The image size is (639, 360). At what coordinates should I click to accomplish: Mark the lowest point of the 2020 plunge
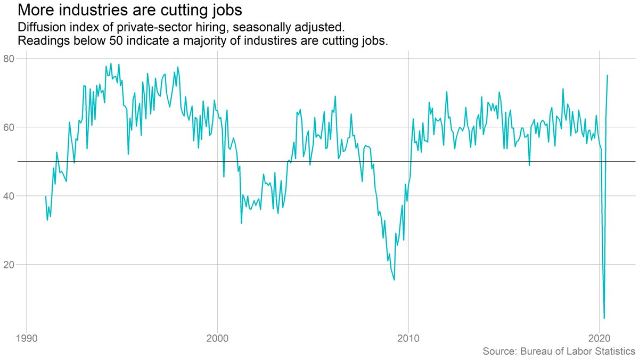click(x=604, y=318)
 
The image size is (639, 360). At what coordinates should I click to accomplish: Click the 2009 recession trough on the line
click(x=394, y=280)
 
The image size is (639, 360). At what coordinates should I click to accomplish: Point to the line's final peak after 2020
click(x=608, y=76)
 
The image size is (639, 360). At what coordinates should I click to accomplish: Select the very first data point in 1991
click(x=46, y=197)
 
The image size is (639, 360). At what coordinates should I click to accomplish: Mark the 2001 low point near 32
click(x=241, y=223)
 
